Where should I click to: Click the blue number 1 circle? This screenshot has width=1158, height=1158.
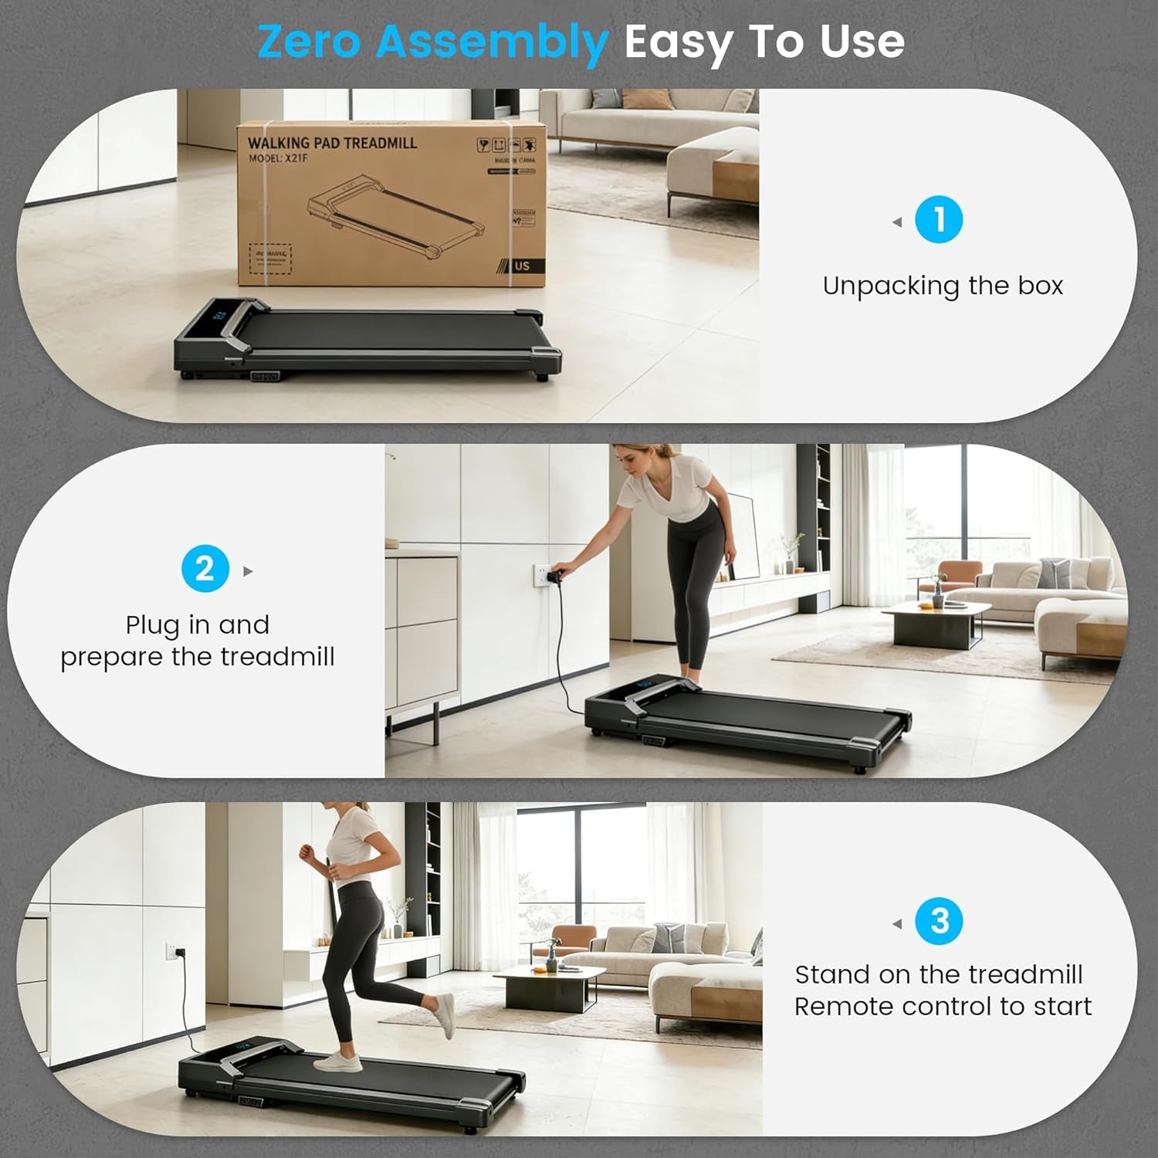point(939,220)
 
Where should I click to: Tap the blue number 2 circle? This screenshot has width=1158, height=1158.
point(205,569)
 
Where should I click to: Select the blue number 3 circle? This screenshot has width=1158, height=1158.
point(939,921)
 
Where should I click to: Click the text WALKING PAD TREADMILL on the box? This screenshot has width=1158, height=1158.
point(332,143)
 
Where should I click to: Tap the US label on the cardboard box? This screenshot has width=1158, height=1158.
point(523,266)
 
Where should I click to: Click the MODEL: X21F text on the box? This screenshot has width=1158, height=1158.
point(278,158)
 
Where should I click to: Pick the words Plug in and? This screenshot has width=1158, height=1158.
point(198,624)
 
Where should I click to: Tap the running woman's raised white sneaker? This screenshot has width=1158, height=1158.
point(445,1015)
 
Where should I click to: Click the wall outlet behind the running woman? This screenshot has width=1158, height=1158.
point(171,951)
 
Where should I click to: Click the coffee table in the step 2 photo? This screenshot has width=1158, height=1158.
point(936,618)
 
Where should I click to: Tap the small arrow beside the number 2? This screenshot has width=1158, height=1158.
point(248,571)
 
